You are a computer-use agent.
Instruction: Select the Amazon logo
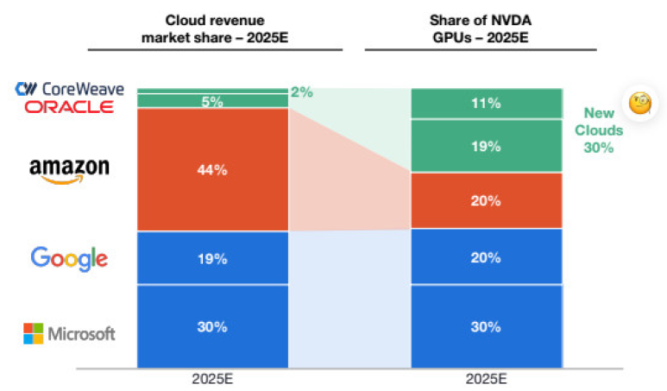pos(70,169)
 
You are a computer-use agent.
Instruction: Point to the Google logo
pos(69,258)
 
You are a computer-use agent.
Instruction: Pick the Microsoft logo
pos(69,333)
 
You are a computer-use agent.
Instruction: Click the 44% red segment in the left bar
pos(212,170)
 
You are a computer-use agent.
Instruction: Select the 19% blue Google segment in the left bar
pos(212,258)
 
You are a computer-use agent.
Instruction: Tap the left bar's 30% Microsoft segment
pos(212,326)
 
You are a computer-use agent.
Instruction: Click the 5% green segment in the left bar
pos(212,101)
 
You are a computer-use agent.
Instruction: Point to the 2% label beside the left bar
pos(302,91)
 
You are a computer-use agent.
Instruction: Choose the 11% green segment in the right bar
pos(487,104)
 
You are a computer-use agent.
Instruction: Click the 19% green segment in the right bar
pos(487,146)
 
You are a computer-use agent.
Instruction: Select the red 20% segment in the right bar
pos(487,200)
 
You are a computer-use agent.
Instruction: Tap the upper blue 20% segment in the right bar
pos(487,257)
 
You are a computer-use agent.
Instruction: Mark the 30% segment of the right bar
pos(487,326)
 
